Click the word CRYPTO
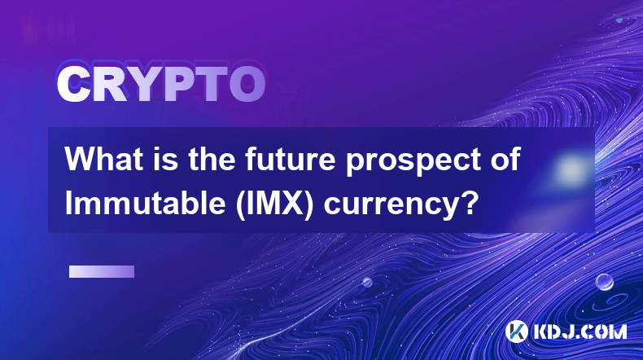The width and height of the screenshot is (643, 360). [x=161, y=84]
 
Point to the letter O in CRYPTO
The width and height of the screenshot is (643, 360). [x=247, y=84]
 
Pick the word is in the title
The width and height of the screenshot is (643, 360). [x=166, y=159]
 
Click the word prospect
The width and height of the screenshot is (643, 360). [x=412, y=163]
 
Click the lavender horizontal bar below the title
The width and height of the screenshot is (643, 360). [x=102, y=272]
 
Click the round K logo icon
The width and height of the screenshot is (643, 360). [x=516, y=331]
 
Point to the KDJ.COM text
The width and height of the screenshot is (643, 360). [x=580, y=331]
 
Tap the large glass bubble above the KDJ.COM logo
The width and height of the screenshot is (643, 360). [x=605, y=282]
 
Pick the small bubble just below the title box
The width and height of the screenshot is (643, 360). [x=367, y=282]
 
